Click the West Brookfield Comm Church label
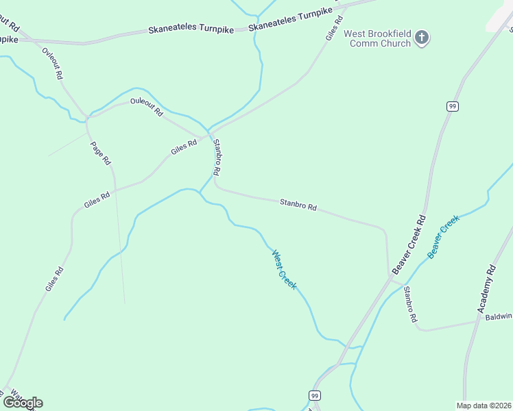[377, 38]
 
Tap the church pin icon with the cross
[422, 37]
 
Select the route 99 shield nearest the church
[452, 106]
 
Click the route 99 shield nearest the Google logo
[315, 396]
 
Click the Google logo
[23, 402]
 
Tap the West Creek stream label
[284, 269]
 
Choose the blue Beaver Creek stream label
[442, 236]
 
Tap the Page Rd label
[100, 153]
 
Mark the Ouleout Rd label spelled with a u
[147, 106]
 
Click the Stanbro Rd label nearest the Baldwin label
[409, 304]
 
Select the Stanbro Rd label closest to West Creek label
[298, 204]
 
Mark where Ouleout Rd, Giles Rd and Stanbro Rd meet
[208, 132]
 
